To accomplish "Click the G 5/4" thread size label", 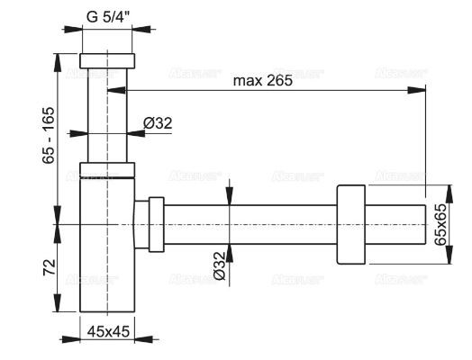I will [107, 14].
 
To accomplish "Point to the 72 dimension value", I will [50, 266].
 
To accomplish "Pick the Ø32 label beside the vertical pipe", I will [158, 123].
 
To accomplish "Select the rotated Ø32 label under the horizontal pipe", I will [221, 267].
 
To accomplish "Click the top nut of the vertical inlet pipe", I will [107, 61].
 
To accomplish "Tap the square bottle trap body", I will [106, 243].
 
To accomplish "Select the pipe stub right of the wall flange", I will [396, 222].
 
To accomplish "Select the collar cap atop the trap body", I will [106, 168].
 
